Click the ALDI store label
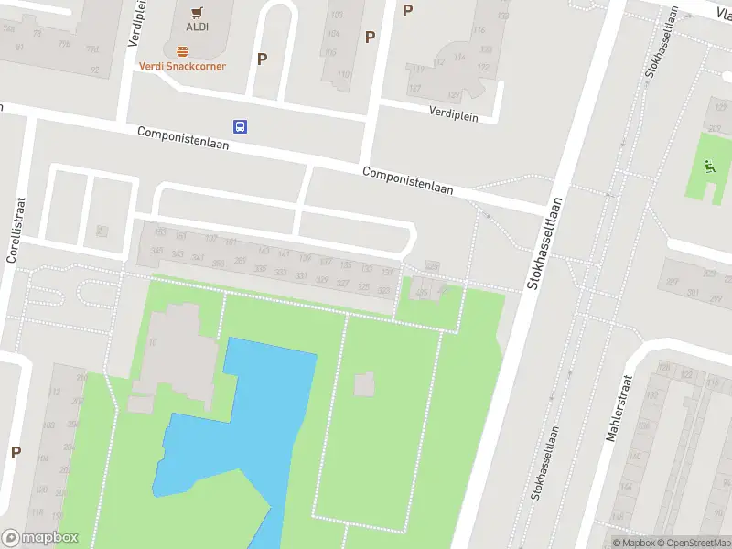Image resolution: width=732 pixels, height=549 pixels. pos(197,27)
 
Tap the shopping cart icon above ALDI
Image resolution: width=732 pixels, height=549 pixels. pos(197,12)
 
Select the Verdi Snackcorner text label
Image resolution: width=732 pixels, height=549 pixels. pos(182,66)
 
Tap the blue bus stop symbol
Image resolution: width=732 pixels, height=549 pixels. pos(240,126)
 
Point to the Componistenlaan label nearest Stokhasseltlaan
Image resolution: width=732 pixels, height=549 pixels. pos(408,179)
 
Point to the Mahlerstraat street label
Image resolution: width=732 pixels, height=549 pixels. pos(614,407)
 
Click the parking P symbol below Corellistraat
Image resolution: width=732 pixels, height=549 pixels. pos(16,452)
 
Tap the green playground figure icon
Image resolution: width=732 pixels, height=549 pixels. pos(707,167)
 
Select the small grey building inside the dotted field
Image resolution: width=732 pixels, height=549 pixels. pos(364,385)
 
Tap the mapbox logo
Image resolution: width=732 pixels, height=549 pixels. pos(39,538)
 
